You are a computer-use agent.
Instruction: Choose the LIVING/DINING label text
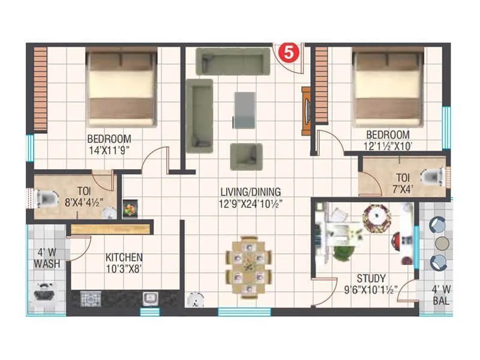[x=250, y=192]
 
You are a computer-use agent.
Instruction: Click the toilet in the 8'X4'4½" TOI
[x=45, y=197]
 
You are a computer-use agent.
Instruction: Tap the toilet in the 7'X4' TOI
[x=434, y=177]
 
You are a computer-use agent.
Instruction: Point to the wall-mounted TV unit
[x=307, y=111]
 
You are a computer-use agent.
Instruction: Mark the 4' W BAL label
[x=442, y=295]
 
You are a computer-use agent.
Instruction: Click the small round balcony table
[x=442, y=244]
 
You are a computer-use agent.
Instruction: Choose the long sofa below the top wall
[x=233, y=61]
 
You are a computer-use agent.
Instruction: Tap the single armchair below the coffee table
[x=246, y=157]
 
